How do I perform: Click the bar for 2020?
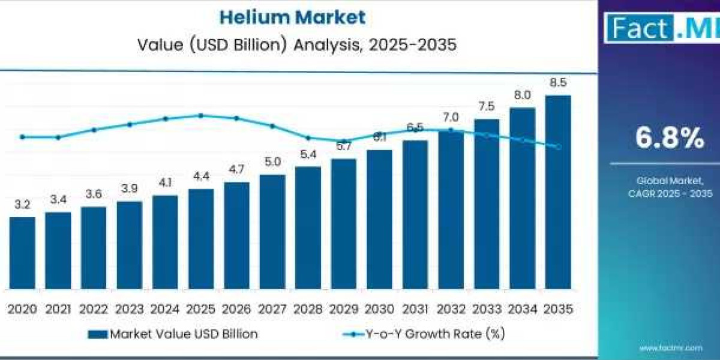[22, 253]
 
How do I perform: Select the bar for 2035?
[557, 192]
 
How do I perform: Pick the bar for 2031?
[415, 215]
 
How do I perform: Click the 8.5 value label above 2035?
[557, 83]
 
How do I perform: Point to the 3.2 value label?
[22, 205]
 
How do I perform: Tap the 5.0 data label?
[272, 162]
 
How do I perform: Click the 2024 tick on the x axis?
[164, 309]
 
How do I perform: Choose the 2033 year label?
[486, 309]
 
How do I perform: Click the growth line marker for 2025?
[201, 115]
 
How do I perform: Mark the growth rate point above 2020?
[22, 137]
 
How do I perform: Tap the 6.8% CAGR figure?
[670, 139]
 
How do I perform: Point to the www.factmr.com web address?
[670, 347]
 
